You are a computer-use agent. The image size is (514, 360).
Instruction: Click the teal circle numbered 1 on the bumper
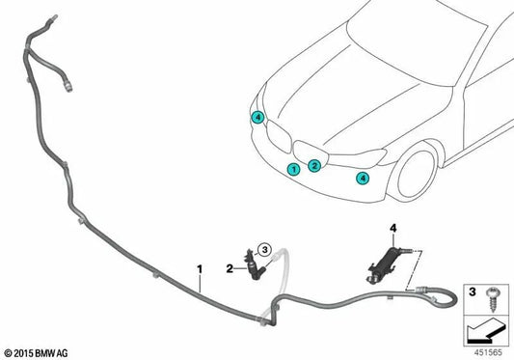[x=293, y=169]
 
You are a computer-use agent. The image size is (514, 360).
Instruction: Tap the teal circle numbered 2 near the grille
[x=314, y=166]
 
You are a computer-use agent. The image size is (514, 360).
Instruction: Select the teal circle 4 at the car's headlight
[x=257, y=117]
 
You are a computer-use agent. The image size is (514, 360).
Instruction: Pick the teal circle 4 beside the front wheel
[x=363, y=179]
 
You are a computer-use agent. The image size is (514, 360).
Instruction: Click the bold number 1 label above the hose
[x=200, y=269]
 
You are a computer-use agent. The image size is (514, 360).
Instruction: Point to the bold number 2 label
[x=230, y=268]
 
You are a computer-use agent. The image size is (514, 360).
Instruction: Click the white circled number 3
[x=264, y=250]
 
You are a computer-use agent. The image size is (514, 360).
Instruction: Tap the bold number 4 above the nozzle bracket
[x=393, y=228]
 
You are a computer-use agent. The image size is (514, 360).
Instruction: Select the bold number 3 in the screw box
[x=472, y=291]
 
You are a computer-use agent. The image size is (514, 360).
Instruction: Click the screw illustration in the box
[x=492, y=298]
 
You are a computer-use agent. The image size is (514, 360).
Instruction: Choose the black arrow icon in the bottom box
[x=485, y=332]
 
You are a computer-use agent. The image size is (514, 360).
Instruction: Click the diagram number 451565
[x=488, y=353]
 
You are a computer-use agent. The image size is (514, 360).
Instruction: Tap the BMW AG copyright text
[x=37, y=353]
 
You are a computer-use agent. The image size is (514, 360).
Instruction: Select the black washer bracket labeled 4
[x=384, y=264]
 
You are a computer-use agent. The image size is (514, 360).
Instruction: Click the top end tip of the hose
[x=55, y=16]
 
